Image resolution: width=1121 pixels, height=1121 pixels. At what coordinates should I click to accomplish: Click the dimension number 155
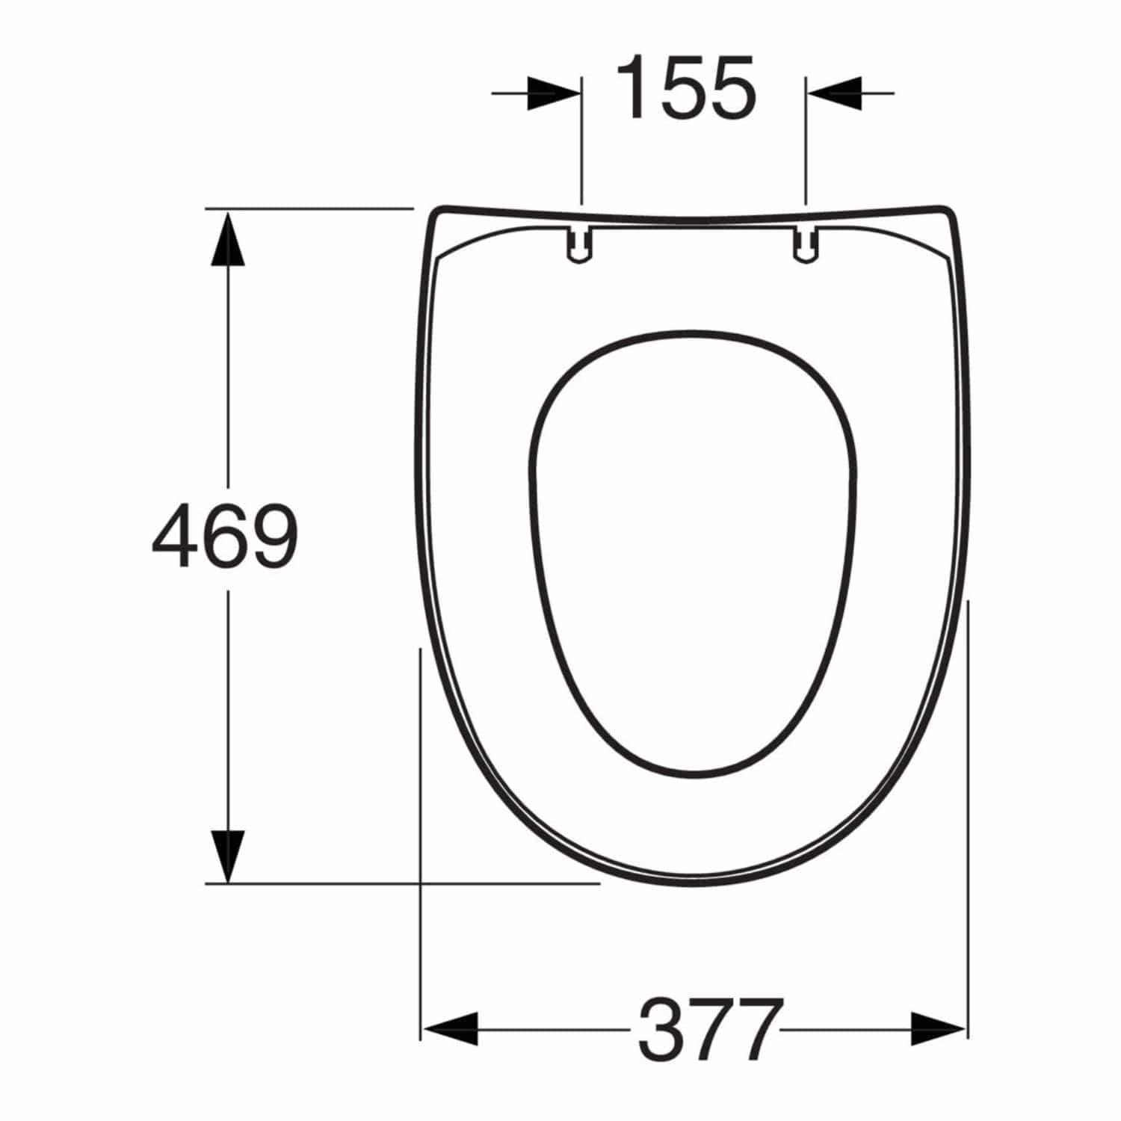coord(686,87)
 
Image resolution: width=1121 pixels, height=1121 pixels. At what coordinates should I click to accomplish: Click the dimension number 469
coord(224,535)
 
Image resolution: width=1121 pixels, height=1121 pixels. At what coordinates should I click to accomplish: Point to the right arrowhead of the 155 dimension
coord(833,93)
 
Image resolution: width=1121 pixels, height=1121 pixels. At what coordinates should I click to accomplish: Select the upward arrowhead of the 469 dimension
coord(227,237)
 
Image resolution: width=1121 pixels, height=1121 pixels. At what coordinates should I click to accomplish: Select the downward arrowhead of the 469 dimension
coord(227,856)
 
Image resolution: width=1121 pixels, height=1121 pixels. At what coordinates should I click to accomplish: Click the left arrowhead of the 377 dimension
coord(449,1029)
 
